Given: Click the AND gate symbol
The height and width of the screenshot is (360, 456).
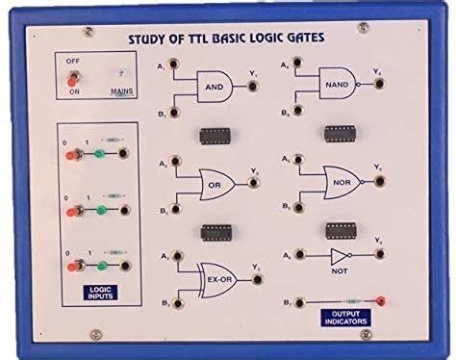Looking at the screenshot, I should click(x=213, y=85).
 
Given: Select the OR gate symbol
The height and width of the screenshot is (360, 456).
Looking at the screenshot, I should click(x=214, y=181).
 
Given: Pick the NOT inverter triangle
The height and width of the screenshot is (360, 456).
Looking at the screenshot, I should click(x=339, y=256).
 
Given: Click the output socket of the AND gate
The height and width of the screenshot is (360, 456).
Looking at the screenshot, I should click(x=253, y=85).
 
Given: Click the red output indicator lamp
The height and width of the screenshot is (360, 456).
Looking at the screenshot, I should click(x=381, y=302).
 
